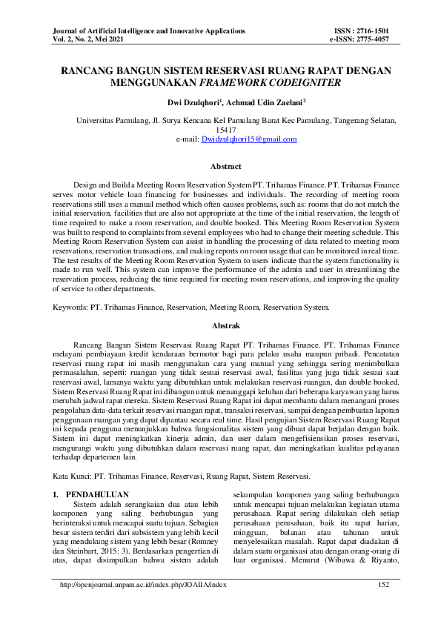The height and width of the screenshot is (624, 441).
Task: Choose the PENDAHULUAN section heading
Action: coord(97,493)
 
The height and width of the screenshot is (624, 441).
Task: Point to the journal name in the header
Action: coord(148,30)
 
